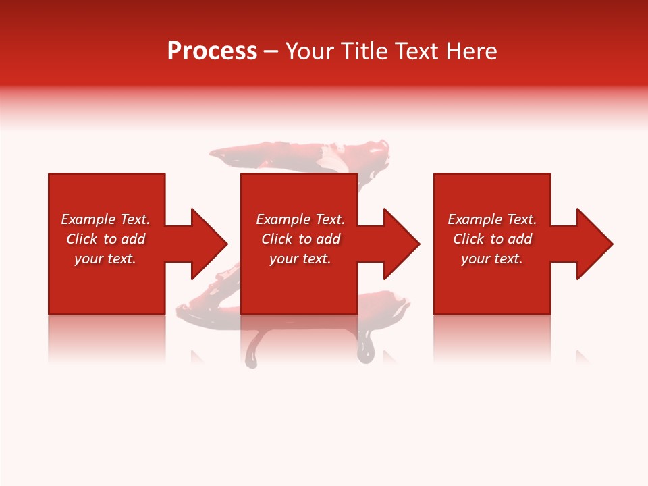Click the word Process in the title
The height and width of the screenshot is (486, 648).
coord(212,51)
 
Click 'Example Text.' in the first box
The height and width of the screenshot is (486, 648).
coord(105,219)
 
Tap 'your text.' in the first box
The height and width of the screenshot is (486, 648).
coord(105,259)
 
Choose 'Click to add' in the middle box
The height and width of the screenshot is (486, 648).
coord(300,239)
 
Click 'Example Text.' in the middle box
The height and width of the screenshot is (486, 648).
coord(300,219)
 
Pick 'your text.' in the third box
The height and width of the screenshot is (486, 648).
coord(492,259)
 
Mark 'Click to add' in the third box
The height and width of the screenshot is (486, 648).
coord(492,239)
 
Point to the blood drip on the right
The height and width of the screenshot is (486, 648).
coord(365,348)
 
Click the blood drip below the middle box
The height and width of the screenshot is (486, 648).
coord(252,351)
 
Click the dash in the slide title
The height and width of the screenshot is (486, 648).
coord(271,52)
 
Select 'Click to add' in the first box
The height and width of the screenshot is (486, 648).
coord(105,239)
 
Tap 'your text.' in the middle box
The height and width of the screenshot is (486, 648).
coord(300,259)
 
